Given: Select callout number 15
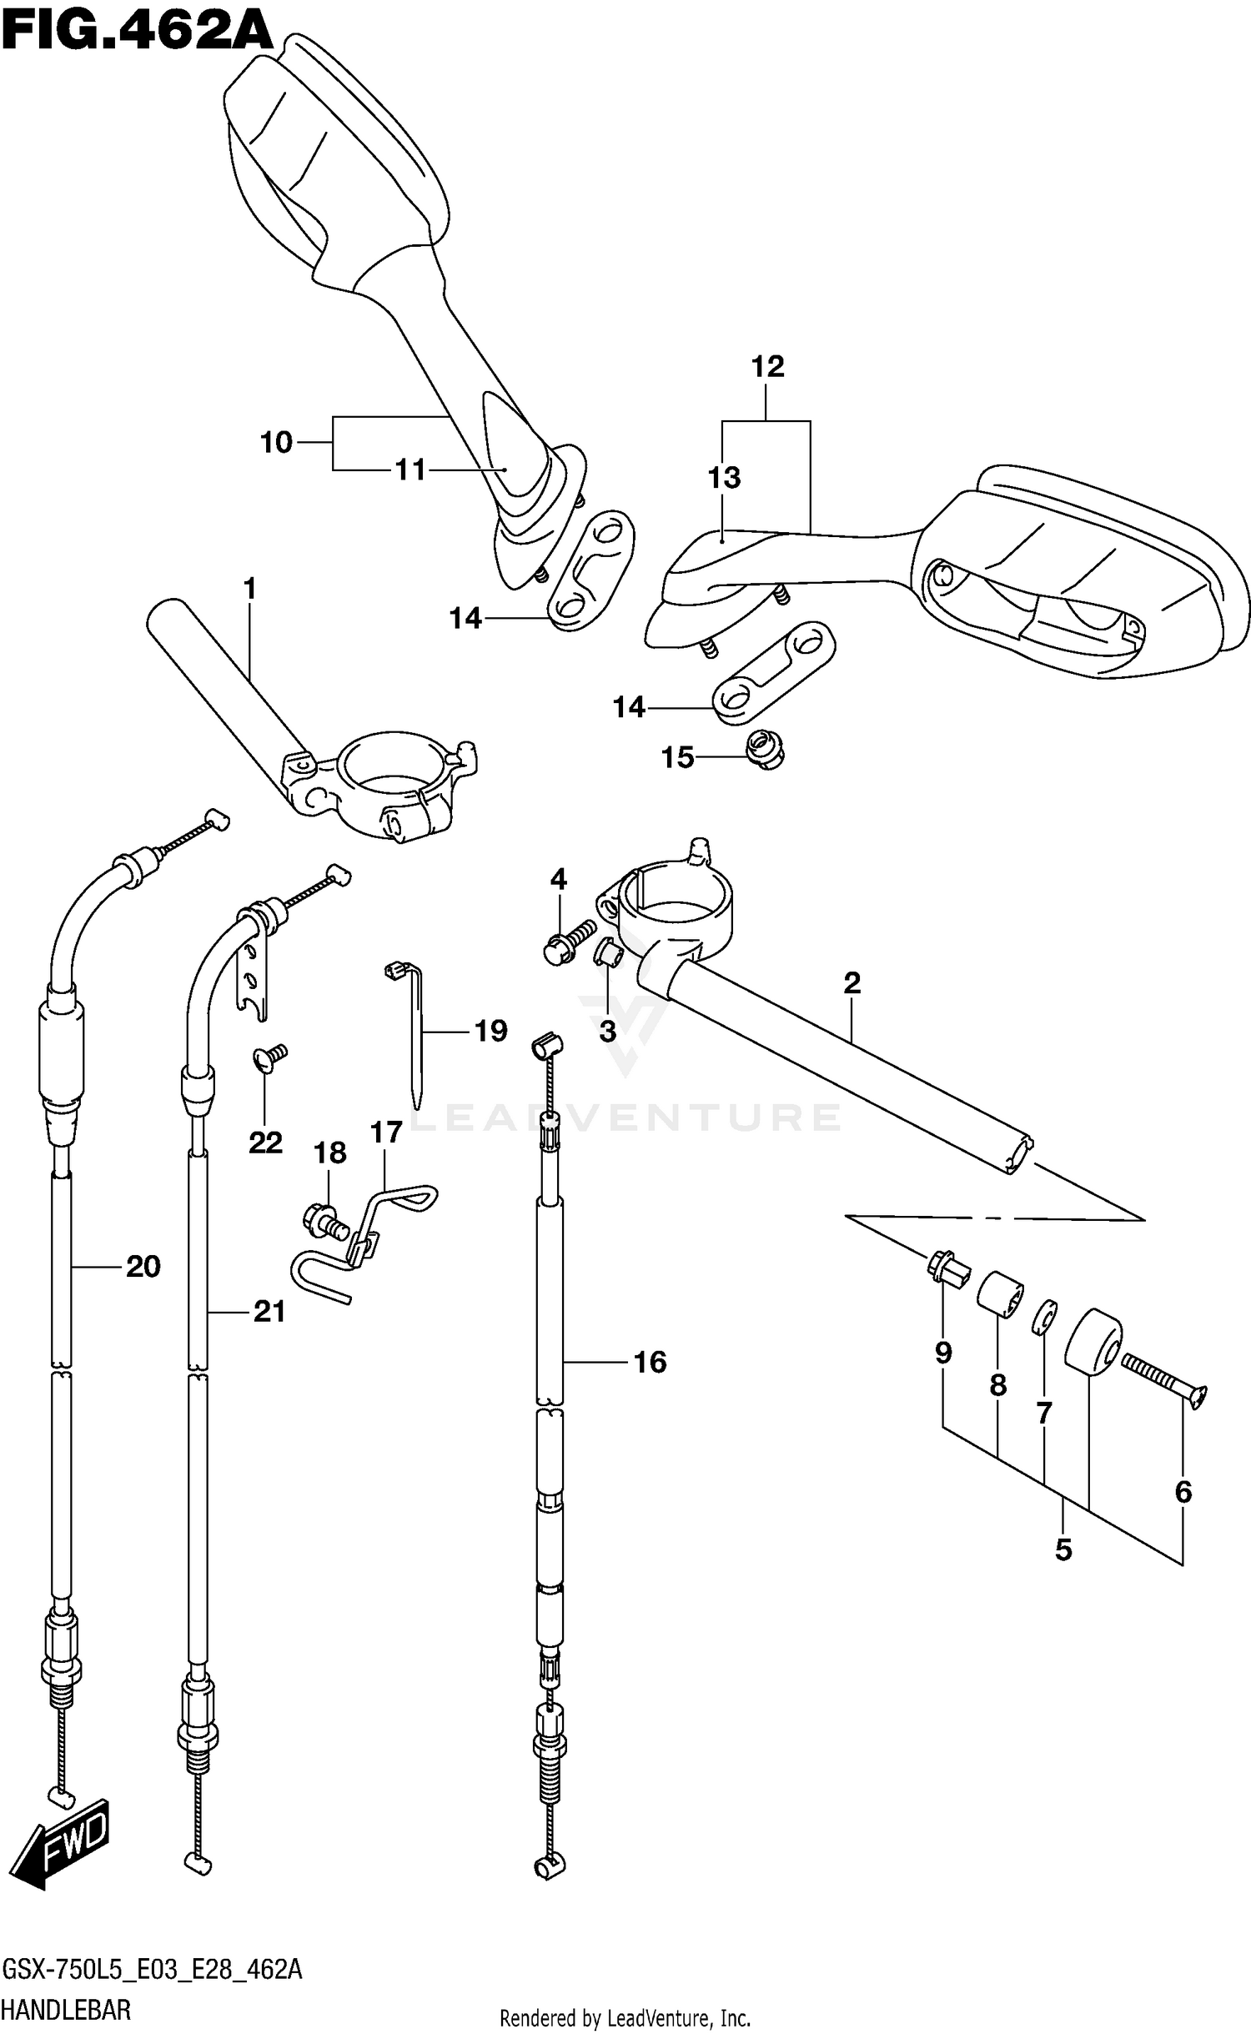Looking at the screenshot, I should (677, 758).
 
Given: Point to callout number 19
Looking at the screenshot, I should (490, 1032).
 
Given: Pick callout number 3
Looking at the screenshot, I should (607, 1032).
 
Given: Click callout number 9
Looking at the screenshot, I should (943, 1352).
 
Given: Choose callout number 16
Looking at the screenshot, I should (650, 1362).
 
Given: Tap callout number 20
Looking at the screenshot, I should (143, 1267).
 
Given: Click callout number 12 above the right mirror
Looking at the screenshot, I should (767, 366).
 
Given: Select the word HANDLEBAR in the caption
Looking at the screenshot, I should (66, 2010).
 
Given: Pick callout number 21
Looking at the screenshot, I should (269, 1312).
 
